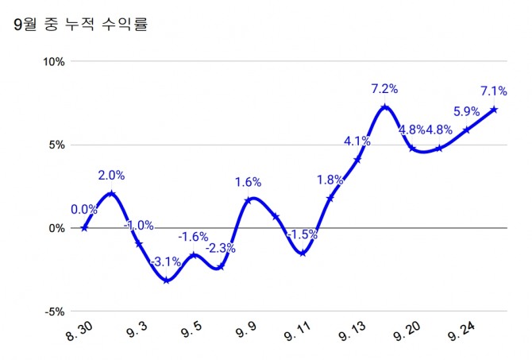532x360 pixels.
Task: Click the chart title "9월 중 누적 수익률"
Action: pyautogui.click(x=82, y=25)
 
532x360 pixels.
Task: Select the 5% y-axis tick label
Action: pyautogui.click(x=56, y=145)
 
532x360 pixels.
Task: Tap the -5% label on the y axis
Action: pyautogui.click(x=55, y=312)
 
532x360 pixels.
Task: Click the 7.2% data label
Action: pyautogui.click(x=384, y=88)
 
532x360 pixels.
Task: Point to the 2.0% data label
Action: pyautogui.click(x=111, y=175)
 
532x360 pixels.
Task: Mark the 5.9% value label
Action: pyautogui.click(x=466, y=111)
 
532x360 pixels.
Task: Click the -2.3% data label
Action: pyautogui.click(x=220, y=248)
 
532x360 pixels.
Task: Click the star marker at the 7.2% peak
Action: pyautogui.click(x=384, y=107)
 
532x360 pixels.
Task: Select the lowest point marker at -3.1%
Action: pyautogui.click(x=165, y=280)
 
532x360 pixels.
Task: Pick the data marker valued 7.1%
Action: pyautogui.click(x=494, y=110)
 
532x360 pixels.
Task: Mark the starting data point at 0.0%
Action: pyautogui.click(x=84, y=228)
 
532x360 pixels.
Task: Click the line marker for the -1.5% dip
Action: pyautogui.click(x=303, y=253)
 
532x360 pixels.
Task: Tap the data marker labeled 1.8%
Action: pyautogui.click(x=330, y=198)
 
